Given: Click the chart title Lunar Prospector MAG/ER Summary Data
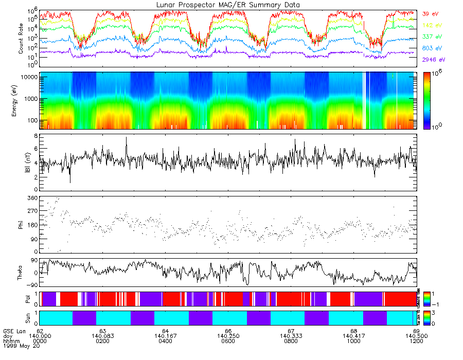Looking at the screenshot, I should pos(228,5).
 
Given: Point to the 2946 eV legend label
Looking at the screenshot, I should pos(432,60).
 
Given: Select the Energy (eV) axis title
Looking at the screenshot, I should pos(21,101).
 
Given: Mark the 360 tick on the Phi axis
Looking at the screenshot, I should pos(32,199).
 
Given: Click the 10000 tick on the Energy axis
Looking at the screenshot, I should pos(28,77).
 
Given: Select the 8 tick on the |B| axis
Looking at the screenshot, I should pos(35,136).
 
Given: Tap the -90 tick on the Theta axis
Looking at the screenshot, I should pos(31,285).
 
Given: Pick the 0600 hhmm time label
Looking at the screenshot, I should pos(228,341).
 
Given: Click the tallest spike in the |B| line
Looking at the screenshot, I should pos(126,138).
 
